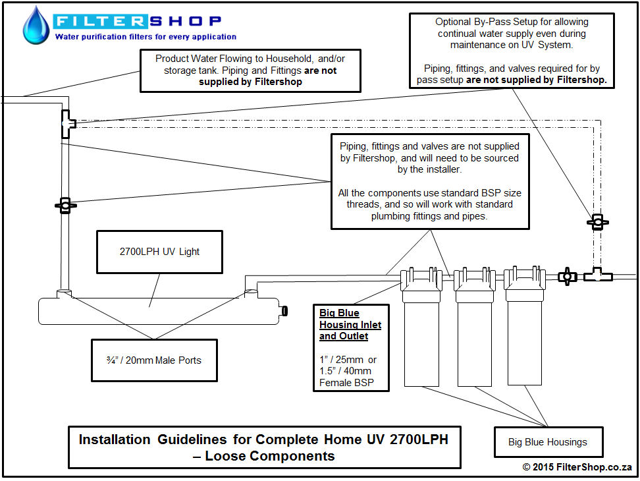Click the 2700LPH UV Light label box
point(159,252)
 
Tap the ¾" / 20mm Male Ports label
point(154,360)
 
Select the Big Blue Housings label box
point(548,442)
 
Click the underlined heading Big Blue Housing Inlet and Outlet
point(350,325)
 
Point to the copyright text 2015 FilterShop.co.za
point(577,467)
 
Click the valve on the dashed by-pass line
point(598,222)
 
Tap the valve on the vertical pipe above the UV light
point(65,206)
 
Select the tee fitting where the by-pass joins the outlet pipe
point(68,124)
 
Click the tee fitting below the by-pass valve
point(598,275)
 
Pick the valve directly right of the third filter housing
point(567,277)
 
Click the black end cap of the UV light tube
point(284,311)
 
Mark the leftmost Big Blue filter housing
point(421,327)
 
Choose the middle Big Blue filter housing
point(474,327)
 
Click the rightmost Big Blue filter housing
point(525,326)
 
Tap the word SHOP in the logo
point(185,21)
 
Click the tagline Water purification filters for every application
point(146,37)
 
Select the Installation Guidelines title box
point(265,447)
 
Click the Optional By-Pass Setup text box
point(512,51)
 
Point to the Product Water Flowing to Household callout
point(250,71)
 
